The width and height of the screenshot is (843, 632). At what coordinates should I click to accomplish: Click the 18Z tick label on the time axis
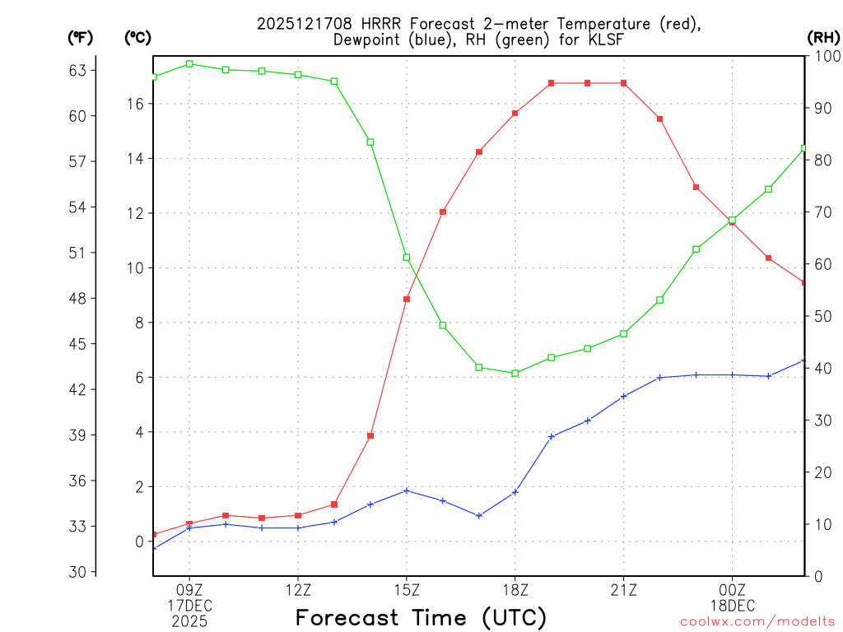point(515,589)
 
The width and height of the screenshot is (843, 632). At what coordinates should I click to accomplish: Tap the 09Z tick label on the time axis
point(189,589)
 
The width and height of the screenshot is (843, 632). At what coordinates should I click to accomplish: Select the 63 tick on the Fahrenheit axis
point(77,70)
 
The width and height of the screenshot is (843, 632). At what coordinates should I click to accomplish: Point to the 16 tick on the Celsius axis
point(136,104)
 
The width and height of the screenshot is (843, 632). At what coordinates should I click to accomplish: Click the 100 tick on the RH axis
point(823,56)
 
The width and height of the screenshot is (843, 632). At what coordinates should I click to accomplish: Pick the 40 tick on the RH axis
point(820,368)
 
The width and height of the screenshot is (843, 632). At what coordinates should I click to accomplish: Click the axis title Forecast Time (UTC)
point(421,617)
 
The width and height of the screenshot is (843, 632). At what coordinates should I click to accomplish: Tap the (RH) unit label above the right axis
point(823,37)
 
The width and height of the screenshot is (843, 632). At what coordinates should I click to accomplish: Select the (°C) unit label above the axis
point(137,37)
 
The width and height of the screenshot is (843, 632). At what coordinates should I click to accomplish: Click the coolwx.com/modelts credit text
point(757,622)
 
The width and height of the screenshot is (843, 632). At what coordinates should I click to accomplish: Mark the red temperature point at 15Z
point(407,299)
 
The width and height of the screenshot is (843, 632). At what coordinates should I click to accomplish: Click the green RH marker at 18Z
point(515,373)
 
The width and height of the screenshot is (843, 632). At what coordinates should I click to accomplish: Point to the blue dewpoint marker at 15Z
point(407,490)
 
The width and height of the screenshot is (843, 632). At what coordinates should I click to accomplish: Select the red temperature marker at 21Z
point(624,83)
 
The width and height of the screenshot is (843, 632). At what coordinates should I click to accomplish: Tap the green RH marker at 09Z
point(189,63)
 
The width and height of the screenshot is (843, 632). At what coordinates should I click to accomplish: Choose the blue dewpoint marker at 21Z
point(624,396)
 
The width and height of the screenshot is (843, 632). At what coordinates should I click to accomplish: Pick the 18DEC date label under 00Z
point(732,605)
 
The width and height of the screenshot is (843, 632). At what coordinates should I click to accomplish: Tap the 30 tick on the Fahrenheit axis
point(77,572)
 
